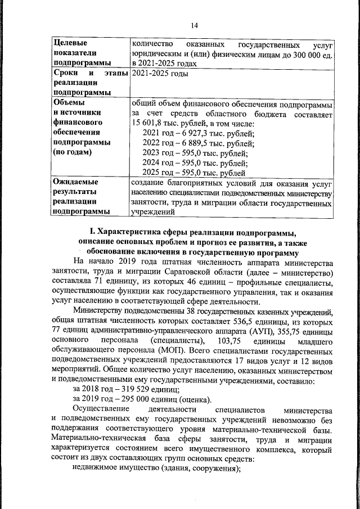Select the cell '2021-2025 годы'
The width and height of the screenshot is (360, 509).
[x=159, y=74]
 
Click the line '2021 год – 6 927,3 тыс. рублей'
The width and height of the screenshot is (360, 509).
[x=199, y=133]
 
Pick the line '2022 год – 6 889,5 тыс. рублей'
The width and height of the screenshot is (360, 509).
[x=199, y=143]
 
